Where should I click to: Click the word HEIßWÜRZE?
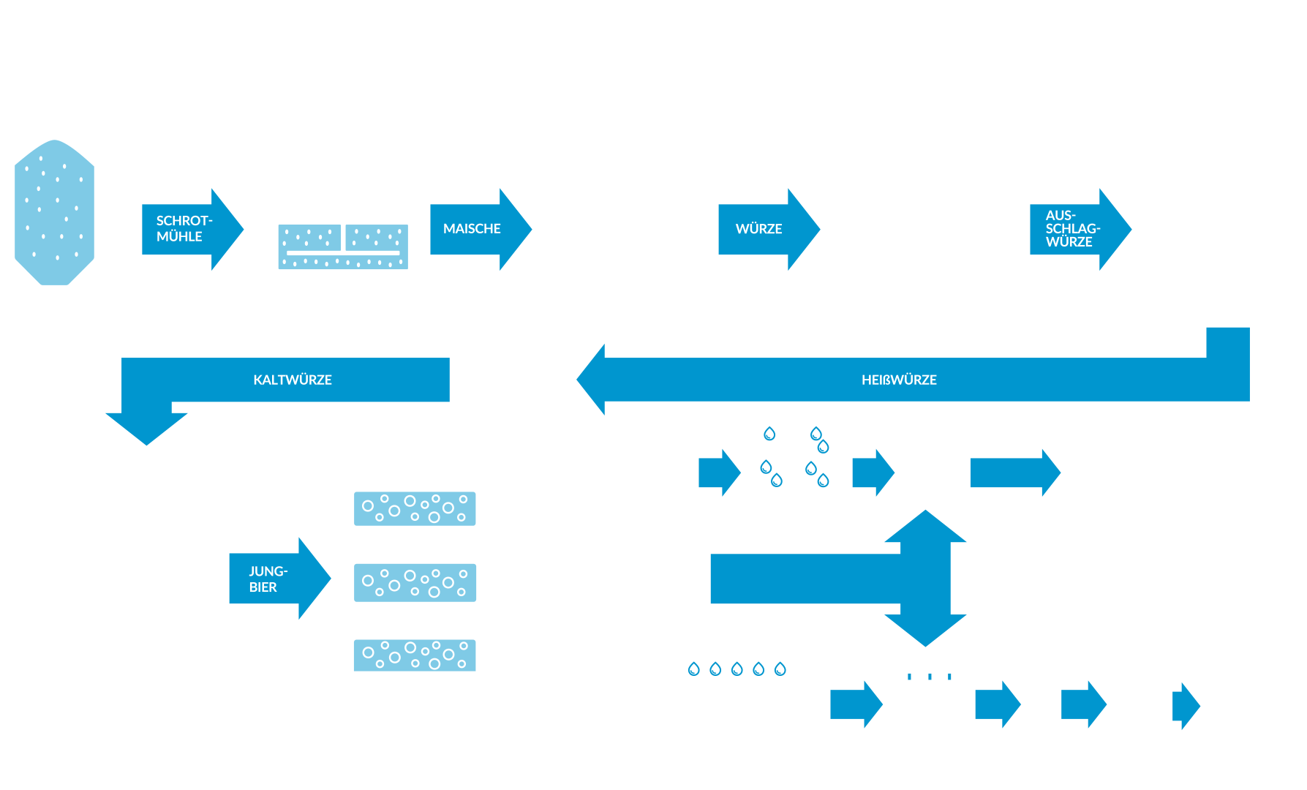tap(899, 380)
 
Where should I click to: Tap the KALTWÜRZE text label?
tap(293, 380)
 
